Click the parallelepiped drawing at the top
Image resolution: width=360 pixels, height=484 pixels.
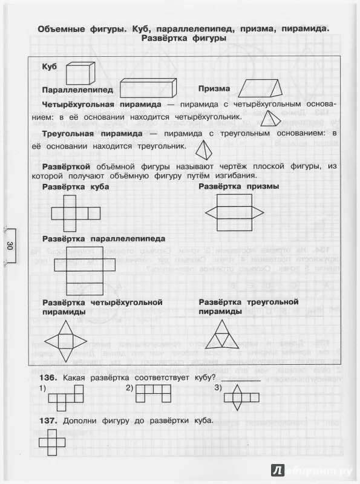148,87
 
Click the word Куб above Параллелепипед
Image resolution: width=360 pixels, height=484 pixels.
49,67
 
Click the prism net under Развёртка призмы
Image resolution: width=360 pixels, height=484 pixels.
235,212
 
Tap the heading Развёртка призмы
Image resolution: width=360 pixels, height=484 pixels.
238,186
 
